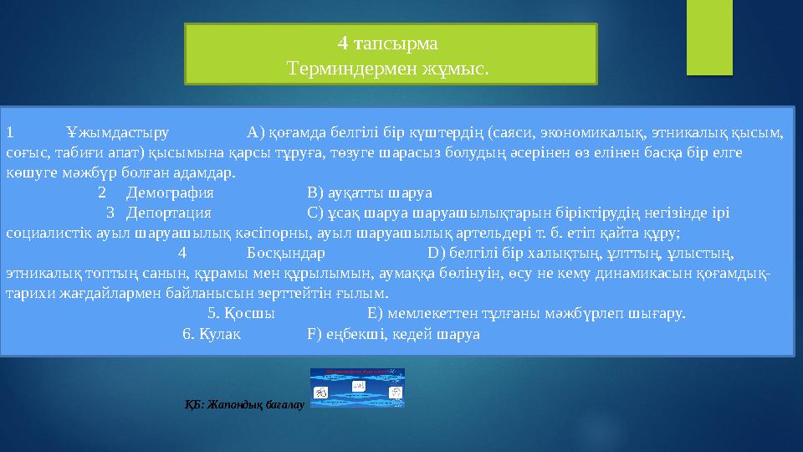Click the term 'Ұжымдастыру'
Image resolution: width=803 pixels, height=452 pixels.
[x=117, y=132]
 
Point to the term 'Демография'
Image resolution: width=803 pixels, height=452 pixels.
[x=164, y=192]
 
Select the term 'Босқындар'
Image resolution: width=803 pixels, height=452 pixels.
[x=286, y=253]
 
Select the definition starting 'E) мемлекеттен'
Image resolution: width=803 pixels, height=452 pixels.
[x=526, y=314]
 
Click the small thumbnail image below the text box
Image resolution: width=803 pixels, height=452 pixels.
[x=357, y=388]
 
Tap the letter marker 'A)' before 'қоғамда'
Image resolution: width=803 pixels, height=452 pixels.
[x=256, y=132]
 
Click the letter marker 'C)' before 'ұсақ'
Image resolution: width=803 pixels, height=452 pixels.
[x=316, y=212]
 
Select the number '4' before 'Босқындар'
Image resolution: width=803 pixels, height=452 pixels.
[x=183, y=253]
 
